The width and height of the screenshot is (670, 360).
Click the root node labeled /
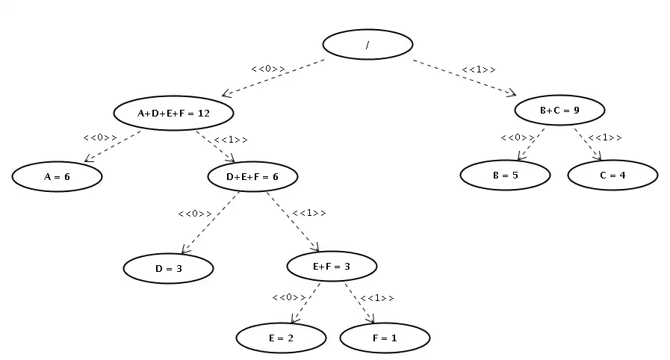(x=367, y=45)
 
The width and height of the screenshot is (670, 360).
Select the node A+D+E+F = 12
(x=173, y=114)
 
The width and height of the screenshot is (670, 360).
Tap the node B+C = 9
(x=559, y=111)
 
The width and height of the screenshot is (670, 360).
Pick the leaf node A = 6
(x=57, y=176)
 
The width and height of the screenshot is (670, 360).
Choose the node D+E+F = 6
(x=252, y=176)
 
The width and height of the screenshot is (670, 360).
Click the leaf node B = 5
(x=505, y=175)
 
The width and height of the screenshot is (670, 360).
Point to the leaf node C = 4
(x=612, y=175)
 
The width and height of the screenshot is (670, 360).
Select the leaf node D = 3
(x=168, y=268)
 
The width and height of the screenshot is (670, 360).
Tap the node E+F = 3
(x=332, y=267)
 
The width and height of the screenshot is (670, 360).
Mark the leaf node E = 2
(x=281, y=338)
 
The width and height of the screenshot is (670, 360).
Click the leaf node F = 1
(x=385, y=338)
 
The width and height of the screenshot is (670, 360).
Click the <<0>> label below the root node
(x=268, y=69)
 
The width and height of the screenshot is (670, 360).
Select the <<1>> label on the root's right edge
(x=479, y=69)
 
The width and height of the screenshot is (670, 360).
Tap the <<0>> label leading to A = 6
(x=100, y=137)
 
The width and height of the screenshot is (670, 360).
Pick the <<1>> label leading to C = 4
(x=604, y=137)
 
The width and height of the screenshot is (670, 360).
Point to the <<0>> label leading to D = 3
(x=195, y=214)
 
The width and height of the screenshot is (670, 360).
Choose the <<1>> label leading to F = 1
(x=377, y=297)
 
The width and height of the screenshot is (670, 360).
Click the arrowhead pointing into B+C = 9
(x=512, y=93)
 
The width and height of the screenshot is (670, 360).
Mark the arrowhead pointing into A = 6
(x=88, y=159)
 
